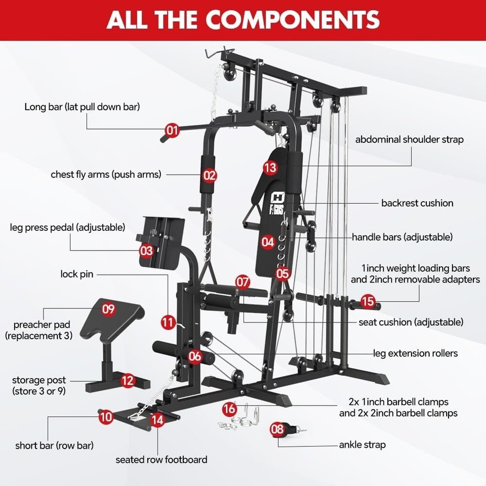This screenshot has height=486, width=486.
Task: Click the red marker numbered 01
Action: pos(173,131)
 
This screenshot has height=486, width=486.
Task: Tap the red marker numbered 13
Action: pos(270,167)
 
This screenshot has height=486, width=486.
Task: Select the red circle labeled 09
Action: pos(109,309)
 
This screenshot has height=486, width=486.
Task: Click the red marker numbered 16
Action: pos(229,408)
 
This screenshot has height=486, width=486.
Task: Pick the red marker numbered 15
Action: pos(368,302)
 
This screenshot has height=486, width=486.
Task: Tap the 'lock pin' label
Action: pos(76,274)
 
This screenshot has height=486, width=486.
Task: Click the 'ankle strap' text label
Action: pos(362,445)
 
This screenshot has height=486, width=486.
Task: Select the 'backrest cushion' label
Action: pos(417,203)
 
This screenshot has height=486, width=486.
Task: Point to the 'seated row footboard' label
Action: pos(161,460)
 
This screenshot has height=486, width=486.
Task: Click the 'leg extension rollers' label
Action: pos(415,353)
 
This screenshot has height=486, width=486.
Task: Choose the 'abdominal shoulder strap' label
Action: pos(409,139)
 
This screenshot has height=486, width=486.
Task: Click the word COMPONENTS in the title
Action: pos(293,19)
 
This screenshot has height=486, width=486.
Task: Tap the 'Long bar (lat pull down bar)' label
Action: pos(82,107)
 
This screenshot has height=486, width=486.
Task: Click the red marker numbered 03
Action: pos(146,250)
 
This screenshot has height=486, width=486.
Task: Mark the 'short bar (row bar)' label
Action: pos(54,445)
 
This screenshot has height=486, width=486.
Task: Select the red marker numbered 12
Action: pos(128,380)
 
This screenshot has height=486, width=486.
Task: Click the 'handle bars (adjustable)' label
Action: pos(402,237)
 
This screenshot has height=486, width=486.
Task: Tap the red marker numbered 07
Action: pos(242,281)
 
